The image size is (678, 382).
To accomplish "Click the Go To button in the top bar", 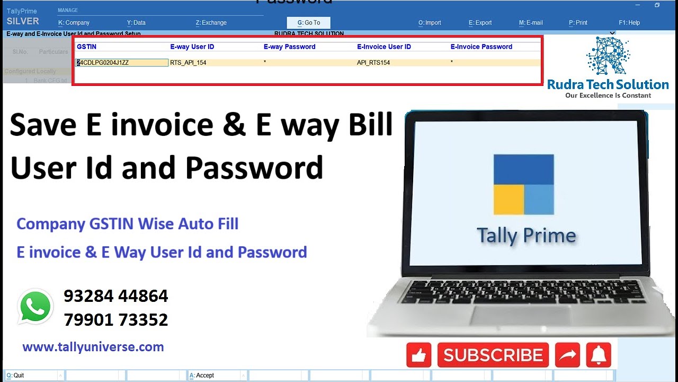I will pos(309,23).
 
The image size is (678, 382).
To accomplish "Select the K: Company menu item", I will pos(74,23).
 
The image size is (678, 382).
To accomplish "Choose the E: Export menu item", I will pos(480,23).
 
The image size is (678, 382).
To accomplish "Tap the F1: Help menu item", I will pos(629,23).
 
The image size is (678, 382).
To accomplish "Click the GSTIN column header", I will pos(86,47).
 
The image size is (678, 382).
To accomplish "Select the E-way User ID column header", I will pos(192,47).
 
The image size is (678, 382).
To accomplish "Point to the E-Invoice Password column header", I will pos(481,47).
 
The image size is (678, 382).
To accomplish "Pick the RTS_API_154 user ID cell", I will pos(188,63).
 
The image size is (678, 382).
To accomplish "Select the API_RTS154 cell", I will pos(373,63).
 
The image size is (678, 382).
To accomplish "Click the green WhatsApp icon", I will pos(35,307).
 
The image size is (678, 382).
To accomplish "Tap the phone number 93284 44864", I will pos(115,296).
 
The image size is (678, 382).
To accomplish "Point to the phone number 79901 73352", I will pos(115,320).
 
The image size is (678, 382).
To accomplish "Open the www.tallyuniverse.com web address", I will pos(93,348).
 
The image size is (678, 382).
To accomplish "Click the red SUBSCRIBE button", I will pos(493,355).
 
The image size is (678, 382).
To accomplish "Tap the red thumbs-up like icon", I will pos(418,355).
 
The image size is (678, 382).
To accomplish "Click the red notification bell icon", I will pos(599,355).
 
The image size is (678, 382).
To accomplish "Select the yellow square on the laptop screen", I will pos(508,199).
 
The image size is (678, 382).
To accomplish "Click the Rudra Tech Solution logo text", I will pos(608,84).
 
